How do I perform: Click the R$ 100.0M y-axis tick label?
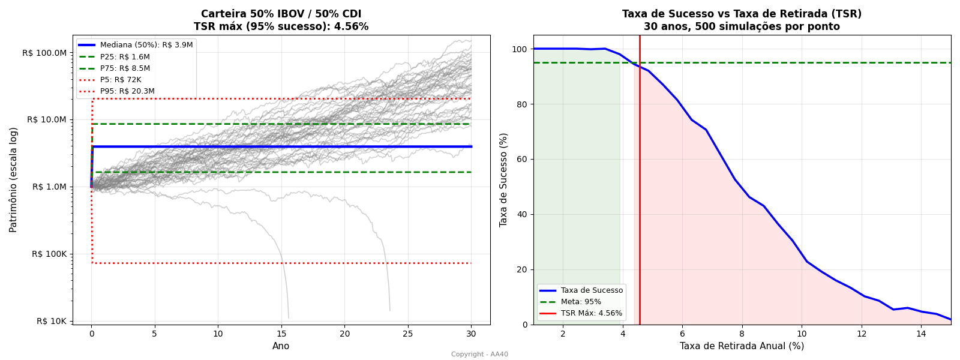[x=44, y=53]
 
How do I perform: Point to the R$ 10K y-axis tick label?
[x=50, y=321]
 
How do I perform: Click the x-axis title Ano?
[x=281, y=346]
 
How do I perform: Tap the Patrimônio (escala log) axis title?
[x=13, y=179]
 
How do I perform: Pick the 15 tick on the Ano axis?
[x=281, y=334]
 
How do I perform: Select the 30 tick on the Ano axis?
[x=471, y=334]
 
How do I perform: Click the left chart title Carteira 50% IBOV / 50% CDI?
[x=281, y=14]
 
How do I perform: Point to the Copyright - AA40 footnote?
[x=479, y=355]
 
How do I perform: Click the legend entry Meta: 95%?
[x=581, y=302]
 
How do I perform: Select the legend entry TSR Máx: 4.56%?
[x=592, y=313]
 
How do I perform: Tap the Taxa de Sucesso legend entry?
[x=592, y=290]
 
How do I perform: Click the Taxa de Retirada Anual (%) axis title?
[x=742, y=346]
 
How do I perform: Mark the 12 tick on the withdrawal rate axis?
[x=862, y=334]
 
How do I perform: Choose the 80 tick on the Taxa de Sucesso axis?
[x=522, y=104]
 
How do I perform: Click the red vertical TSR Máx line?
[x=640, y=180]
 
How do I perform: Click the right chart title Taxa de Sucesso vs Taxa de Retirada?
[x=742, y=14]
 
